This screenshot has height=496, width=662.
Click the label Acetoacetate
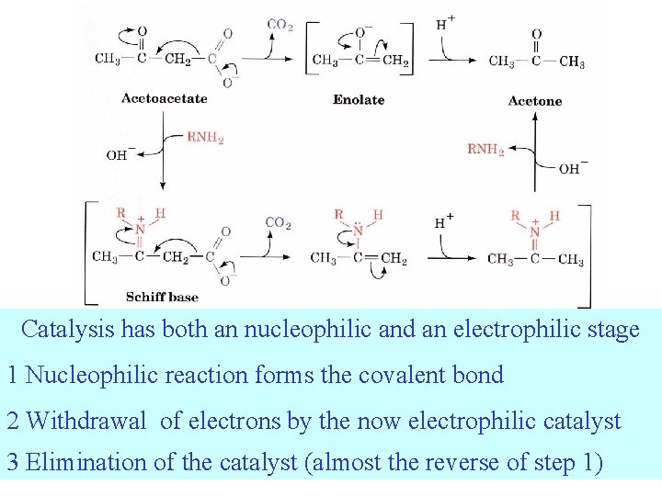(x=164, y=98)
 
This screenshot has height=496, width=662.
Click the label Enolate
(x=359, y=99)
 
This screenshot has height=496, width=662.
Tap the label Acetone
(x=534, y=101)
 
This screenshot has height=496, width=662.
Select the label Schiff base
(x=161, y=297)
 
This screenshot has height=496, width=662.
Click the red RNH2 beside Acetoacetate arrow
(x=205, y=138)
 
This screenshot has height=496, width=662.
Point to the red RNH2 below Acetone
(x=485, y=149)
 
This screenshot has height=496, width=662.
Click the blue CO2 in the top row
(x=280, y=25)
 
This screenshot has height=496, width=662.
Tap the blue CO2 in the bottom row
(x=278, y=222)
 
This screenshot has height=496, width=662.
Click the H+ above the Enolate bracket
(x=445, y=22)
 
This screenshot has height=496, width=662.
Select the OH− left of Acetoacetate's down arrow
(x=121, y=154)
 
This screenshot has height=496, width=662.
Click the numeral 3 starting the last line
(x=13, y=462)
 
